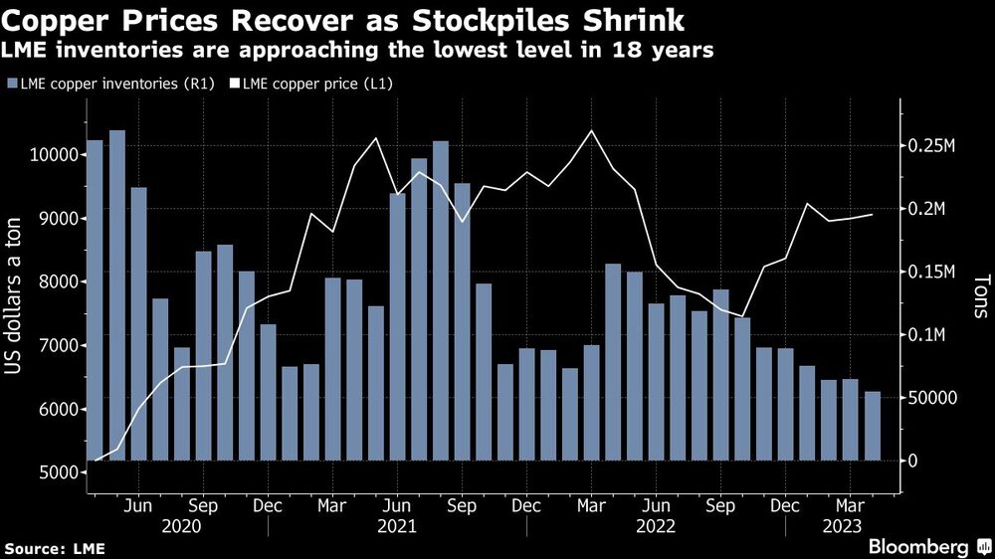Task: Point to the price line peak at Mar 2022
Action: pyautogui.click(x=592, y=131)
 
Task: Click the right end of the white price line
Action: pyautogui.click(x=873, y=214)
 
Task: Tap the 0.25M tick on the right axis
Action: pyautogui.click(x=933, y=146)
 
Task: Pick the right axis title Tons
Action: pyautogui.click(x=979, y=297)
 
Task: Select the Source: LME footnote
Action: pyautogui.click(x=55, y=548)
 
